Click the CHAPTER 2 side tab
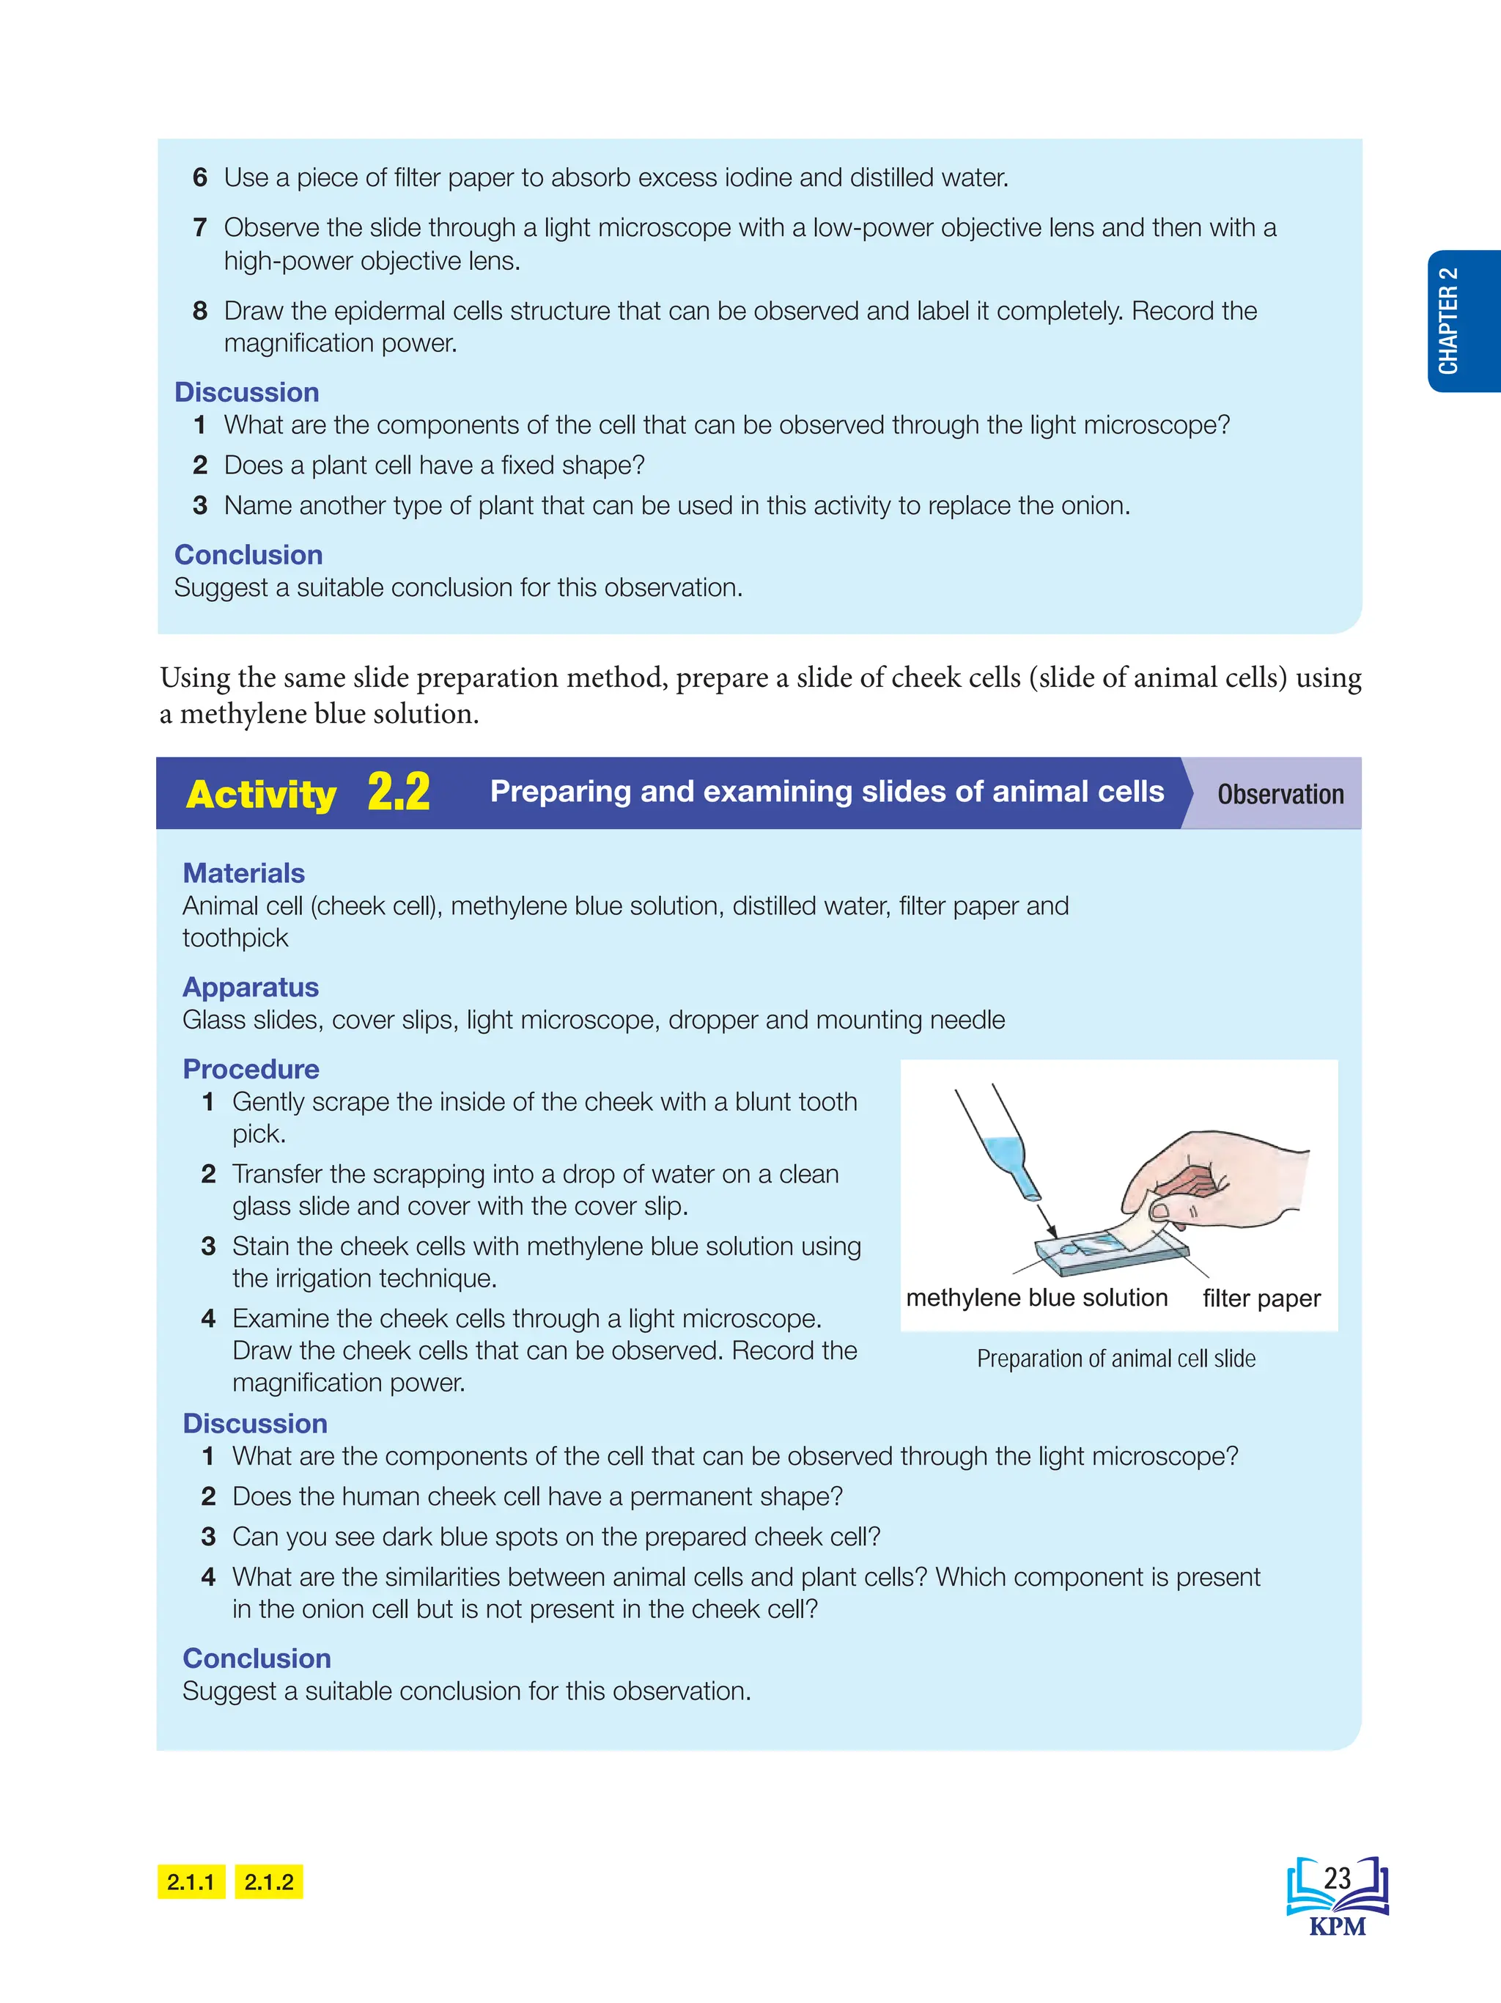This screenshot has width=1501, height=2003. [x=1461, y=320]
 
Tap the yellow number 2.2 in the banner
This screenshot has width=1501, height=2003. [x=398, y=793]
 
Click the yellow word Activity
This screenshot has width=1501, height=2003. [x=261, y=794]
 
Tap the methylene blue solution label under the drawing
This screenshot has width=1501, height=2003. [x=1036, y=1298]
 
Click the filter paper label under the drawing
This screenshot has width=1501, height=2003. [x=1261, y=1298]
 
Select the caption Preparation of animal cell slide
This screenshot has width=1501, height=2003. [x=1115, y=1359]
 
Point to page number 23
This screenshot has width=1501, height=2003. [x=1337, y=1879]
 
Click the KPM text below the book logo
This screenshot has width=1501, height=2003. [x=1337, y=1926]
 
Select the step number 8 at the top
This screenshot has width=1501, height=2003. [x=200, y=311]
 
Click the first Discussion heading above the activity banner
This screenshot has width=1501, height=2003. [x=247, y=392]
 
